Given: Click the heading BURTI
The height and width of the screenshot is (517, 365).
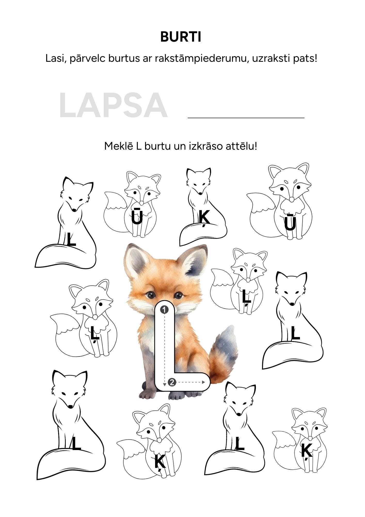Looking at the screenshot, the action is (181, 37).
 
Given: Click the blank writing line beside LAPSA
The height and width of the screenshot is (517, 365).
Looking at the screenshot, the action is (246, 118).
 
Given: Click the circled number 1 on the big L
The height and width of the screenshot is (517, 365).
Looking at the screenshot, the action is (164, 310).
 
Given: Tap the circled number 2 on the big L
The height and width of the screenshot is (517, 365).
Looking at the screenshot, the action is (172, 382).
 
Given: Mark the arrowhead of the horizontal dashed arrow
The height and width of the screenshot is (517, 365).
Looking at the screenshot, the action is (204, 382).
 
